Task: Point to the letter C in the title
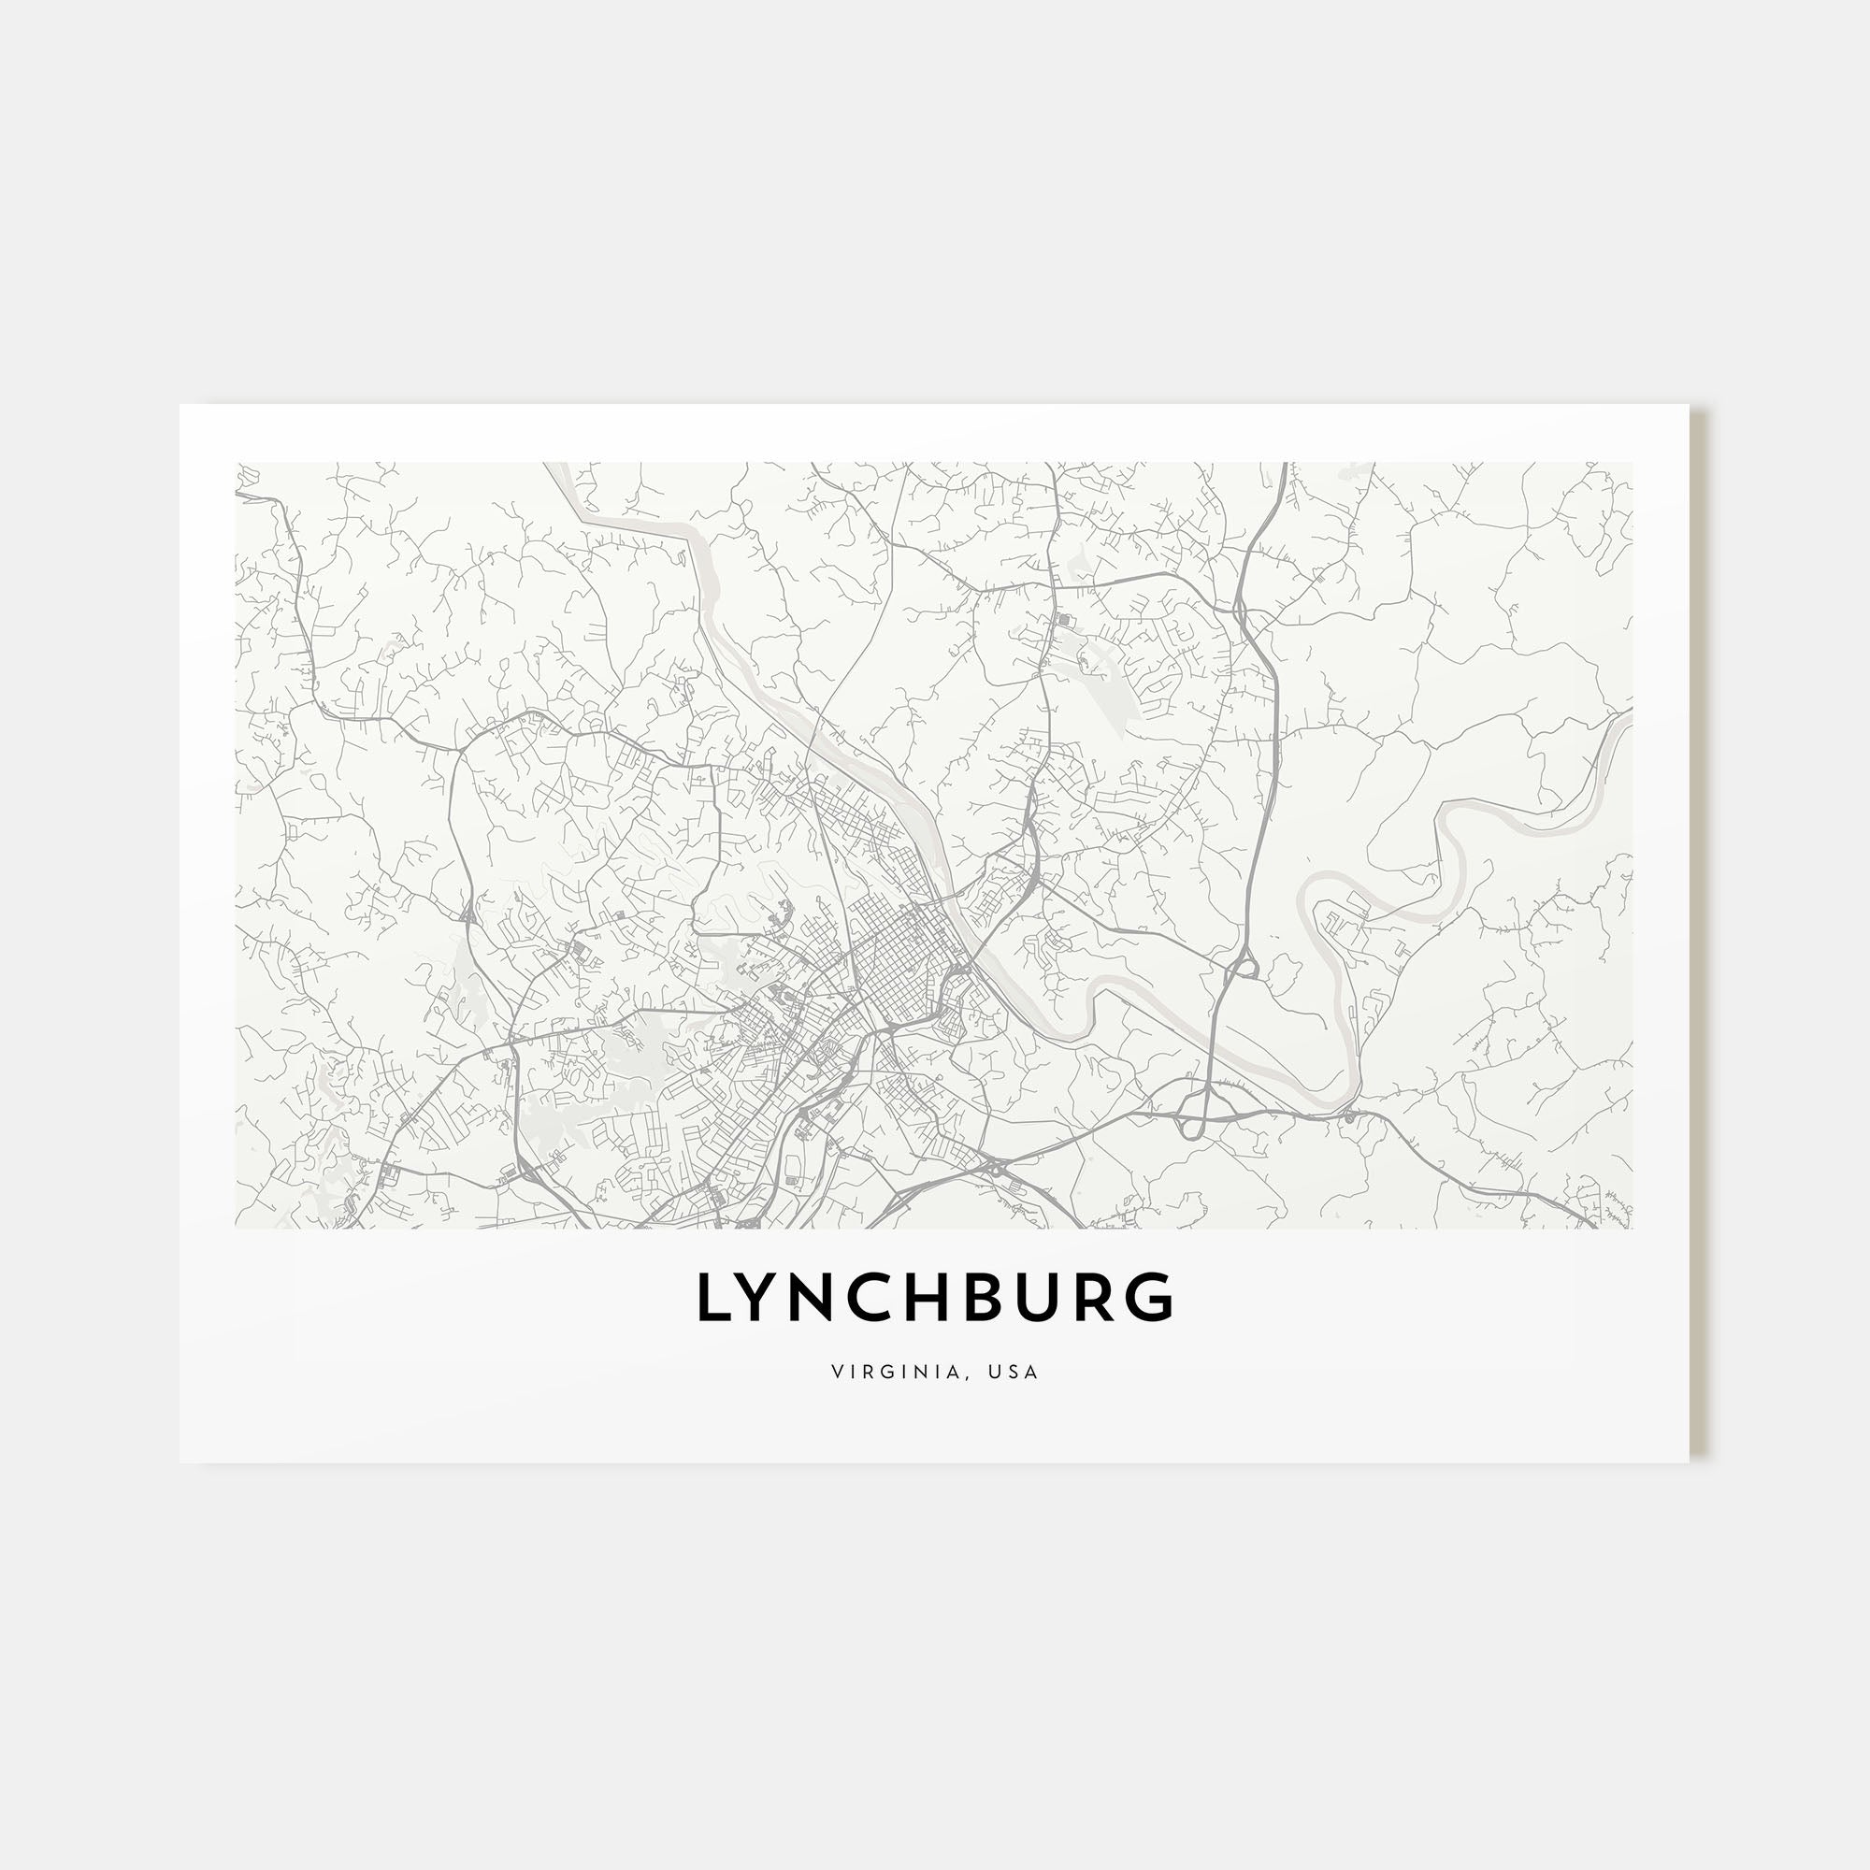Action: click(881, 1297)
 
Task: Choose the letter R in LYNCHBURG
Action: click(1099, 1297)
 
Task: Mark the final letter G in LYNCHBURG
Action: click(1153, 1297)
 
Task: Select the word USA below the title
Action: click(1014, 1372)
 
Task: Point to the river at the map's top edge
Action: click(556, 466)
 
